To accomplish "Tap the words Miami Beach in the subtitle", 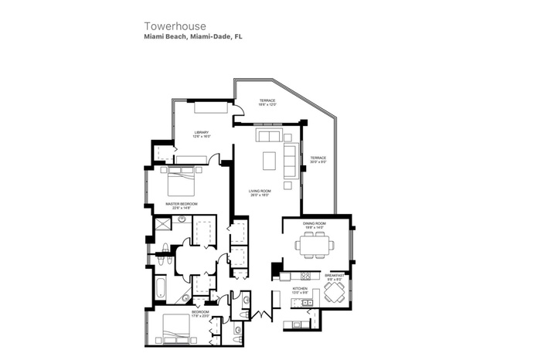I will tap(163, 36).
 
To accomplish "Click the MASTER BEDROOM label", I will tap(182, 202).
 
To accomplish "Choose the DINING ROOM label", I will tap(315, 223).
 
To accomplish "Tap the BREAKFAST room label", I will tap(334, 274).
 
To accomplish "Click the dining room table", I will tap(315, 246).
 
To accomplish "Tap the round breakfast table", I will tap(334, 292).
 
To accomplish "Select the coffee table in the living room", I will tap(268, 160).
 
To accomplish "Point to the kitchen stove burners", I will tap(305, 276).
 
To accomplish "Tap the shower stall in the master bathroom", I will tap(163, 225).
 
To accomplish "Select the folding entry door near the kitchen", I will tap(264, 314).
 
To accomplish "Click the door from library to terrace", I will tap(239, 111).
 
